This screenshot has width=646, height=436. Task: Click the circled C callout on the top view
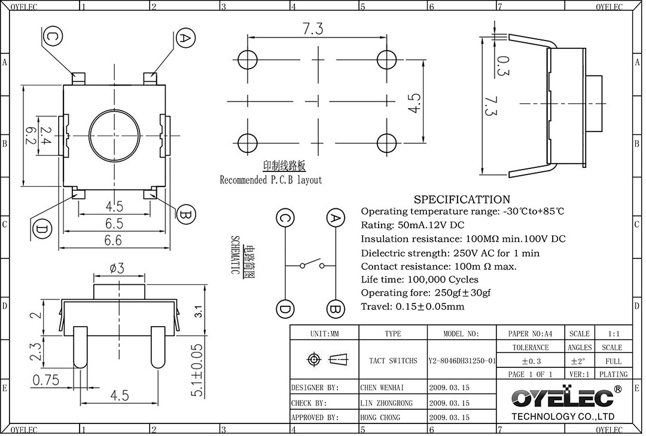pos(53,37)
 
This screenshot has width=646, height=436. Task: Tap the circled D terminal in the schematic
pos(285,309)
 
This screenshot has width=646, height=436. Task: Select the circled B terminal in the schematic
pos(336,309)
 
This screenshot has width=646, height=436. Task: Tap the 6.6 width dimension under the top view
pos(114,240)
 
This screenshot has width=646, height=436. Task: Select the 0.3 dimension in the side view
pos(503,66)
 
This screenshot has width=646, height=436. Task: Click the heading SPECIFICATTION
pos(462,199)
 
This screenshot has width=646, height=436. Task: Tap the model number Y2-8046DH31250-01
pos(462,361)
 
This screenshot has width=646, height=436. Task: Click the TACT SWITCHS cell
pos(393,361)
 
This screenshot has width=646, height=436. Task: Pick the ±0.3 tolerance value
pos(530,361)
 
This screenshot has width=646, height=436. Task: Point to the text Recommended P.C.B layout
pos(271,180)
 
